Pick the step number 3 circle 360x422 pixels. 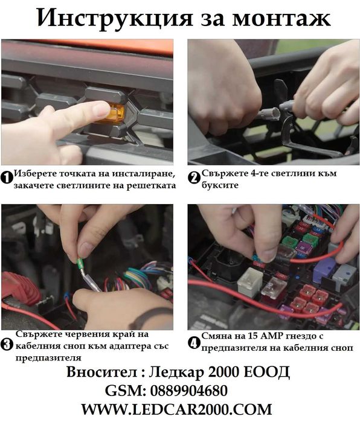7,345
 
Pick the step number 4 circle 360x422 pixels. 194,344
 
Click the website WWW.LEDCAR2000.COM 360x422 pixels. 176,409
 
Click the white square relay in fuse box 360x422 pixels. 251,282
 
